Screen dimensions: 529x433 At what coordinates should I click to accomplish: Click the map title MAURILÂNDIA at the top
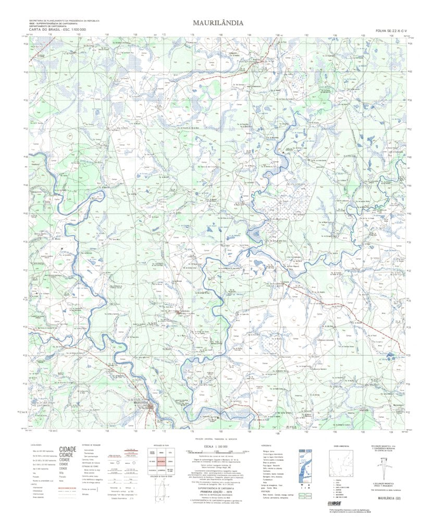coord(216,23)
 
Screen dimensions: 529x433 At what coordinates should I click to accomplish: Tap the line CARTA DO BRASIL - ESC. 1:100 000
coord(57,31)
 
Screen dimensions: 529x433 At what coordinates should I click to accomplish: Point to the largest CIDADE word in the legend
coord(68,449)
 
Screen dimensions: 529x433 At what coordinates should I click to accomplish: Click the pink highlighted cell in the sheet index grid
coord(160,461)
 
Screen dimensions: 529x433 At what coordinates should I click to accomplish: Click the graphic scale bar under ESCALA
coord(218,451)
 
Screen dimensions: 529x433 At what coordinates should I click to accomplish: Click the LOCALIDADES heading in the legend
coord(36,445)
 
